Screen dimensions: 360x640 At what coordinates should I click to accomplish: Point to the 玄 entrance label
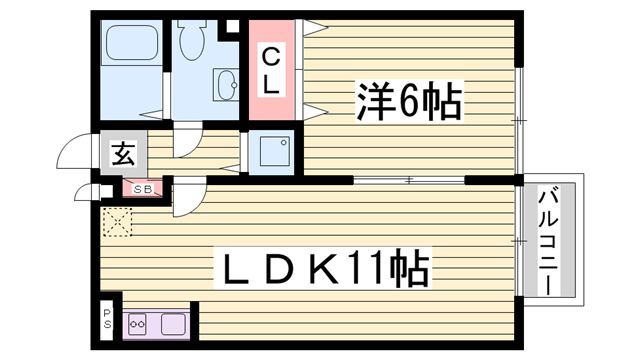[x=123, y=155]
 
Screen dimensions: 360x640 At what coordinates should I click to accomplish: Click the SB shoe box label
[x=140, y=188]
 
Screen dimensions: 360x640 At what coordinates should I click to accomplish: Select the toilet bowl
[x=192, y=40]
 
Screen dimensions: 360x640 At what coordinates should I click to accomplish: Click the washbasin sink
[x=223, y=85]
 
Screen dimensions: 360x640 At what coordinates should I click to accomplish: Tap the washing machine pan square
[x=272, y=153]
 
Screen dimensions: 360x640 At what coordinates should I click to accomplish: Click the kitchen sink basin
[x=172, y=323]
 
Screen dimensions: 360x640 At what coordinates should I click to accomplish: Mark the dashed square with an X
[x=117, y=221]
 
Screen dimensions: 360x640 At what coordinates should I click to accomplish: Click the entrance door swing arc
[x=72, y=150]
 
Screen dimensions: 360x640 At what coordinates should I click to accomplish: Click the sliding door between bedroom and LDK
[x=410, y=180]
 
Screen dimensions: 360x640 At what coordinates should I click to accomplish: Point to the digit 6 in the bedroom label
[x=409, y=101]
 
